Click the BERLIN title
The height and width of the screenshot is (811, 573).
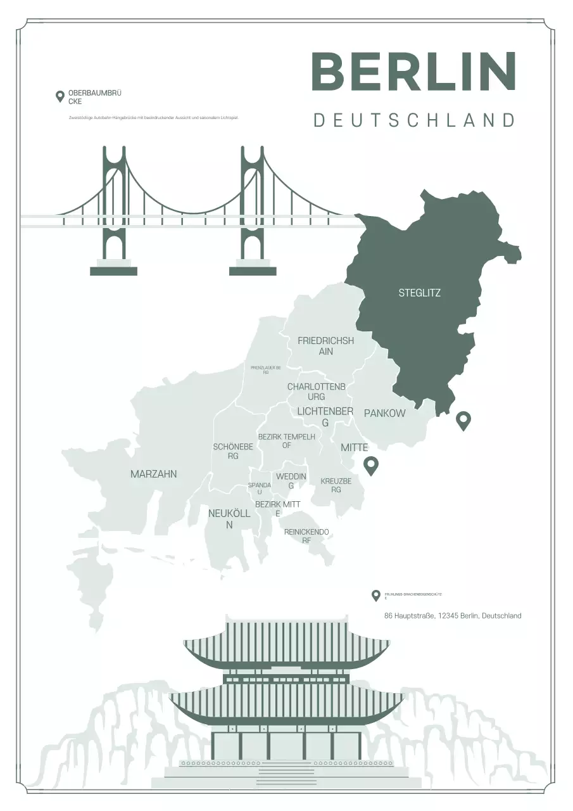pyautogui.click(x=414, y=71)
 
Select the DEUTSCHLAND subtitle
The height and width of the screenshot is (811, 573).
pyautogui.click(x=414, y=120)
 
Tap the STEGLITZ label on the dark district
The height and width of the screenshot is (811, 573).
pyautogui.click(x=419, y=293)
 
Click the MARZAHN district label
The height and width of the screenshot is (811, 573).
pyautogui.click(x=153, y=474)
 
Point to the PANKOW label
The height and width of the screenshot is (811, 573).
pyautogui.click(x=384, y=413)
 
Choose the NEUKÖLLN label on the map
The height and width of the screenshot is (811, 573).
pyautogui.click(x=229, y=519)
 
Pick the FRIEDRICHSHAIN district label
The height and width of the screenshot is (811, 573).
pyautogui.click(x=325, y=345)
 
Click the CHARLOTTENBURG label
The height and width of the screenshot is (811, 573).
pyautogui.click(x=316, y=392)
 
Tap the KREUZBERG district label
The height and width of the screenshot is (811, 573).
pyautogui.click(x=336, y=485)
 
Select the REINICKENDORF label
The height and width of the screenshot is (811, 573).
pyautogui.click(x=306, y=536)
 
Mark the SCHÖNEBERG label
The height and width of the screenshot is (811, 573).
pyautogui.click(x=233, y=451)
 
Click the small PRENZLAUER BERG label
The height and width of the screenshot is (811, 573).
pyautogui.click(x=266, y=369)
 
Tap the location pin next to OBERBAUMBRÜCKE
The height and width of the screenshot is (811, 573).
pyautogui.click(x=60, y=96)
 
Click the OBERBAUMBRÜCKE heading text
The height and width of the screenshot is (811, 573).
pyautogui.click(x=94, y=97)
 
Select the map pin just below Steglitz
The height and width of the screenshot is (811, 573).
pyautogui.click(x=463, y=421)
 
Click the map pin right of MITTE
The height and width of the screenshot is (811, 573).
pyautogui.click(x=370, y=466)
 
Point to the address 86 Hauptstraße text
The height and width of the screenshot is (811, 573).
pyautogui.click(x=453, y=616)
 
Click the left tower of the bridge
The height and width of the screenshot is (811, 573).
pyautogui.click(x=114, y=209)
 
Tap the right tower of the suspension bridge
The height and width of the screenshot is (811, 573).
pyautogui.click(x=253, y=209)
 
